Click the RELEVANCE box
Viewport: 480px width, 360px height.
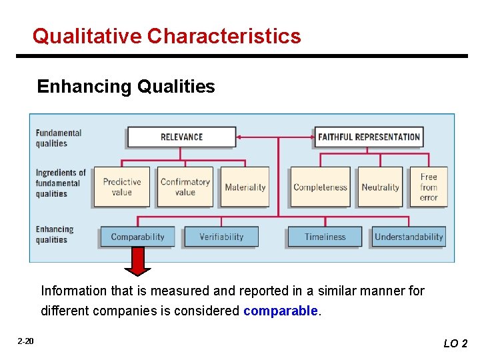tap(181, 137)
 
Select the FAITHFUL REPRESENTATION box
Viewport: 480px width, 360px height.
tap(369, 137)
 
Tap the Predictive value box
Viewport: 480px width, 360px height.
tap(121, 187)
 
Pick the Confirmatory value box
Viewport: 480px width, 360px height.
tap(185, 187)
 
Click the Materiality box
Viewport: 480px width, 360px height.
tap(245, 187)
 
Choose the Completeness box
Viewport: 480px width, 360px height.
tap(320, 187)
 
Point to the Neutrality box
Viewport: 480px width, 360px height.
tap(380, 187)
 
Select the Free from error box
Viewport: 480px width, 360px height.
tap(429, 187)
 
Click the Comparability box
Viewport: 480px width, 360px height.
tap(137, 237)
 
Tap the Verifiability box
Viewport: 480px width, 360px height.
tap(221, 237)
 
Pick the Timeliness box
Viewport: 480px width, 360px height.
tap(325, 237)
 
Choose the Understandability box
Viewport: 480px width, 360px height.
tap(409, 237)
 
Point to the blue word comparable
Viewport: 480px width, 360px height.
tap(281, 311)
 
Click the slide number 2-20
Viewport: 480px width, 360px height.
tap(26, 341)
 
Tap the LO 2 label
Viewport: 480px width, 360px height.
tap(455, 343)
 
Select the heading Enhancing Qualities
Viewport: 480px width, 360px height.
tap(126, 87)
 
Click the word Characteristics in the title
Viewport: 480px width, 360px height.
tap(224, 35)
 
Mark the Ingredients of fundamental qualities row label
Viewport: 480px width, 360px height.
tap(61, 183)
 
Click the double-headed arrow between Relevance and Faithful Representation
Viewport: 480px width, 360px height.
tap(275, 137)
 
